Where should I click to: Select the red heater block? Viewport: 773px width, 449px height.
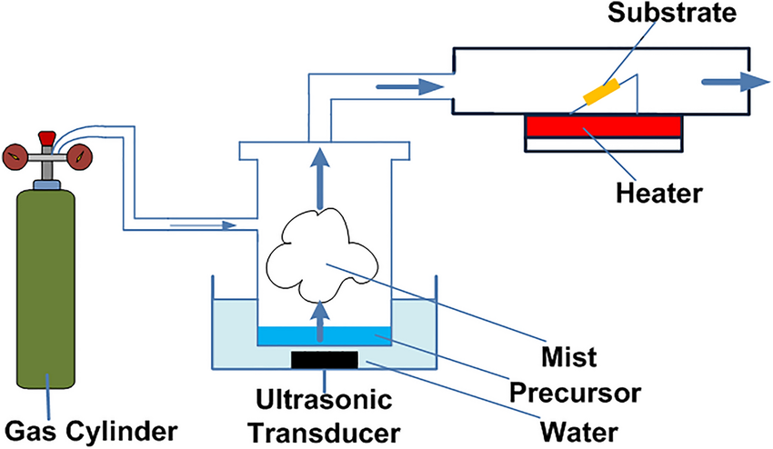601,126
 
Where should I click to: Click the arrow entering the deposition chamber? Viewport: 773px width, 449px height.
408,87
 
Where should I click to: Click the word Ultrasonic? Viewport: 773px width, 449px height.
325,398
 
